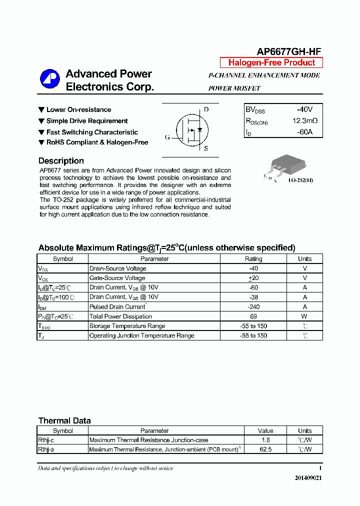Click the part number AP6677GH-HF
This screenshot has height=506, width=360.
[x=288, y=51]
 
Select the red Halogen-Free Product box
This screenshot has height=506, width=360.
[x=271, y=62]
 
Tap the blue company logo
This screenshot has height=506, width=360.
[x=49, y=79]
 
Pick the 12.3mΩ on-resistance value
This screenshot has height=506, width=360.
[x=305, y=121]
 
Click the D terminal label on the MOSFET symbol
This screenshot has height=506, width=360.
[x=206, y=109]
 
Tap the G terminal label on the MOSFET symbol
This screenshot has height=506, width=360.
[x=167, y=137]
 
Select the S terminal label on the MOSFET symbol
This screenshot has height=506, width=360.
[x=205, y=148]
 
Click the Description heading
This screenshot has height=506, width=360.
[x=61, y=161]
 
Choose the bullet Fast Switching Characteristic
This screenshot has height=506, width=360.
[x=92, y=132]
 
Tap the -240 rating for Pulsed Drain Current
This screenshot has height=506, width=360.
[x=253, y=307]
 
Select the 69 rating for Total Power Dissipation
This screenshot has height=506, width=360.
[x=253, y=316]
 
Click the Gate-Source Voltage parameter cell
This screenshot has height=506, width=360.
[x=117, y=278]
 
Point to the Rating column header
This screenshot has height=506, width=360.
[x=253, y=259]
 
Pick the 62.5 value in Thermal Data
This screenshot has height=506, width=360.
[x=265, y=449]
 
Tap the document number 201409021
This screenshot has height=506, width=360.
[x=308, y=478]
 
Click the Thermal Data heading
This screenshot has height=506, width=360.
[x=64, y=421]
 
